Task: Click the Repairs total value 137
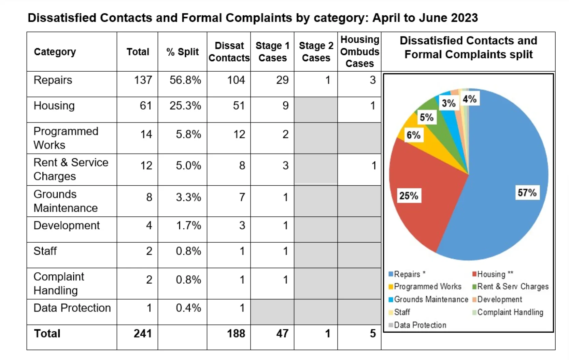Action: click(x=143, y=80)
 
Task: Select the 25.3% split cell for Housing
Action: click(x=185, y=105)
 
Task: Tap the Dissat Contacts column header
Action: click(x=229, y=52)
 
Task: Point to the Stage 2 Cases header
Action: click(x=316, y=52)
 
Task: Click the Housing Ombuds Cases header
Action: click(x=359, y=52)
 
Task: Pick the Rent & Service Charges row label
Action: click(x=71, y=169)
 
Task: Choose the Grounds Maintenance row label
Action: click(x=66, y=201)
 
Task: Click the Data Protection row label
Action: click(x=72, y=308)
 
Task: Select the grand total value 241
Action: click(x=142, y=333)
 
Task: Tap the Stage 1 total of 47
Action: click(x=282, y=333)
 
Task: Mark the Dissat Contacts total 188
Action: click(x=236, y=333)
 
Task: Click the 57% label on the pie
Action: click(x=527, y=193)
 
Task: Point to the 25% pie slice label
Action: click(x=409, y=196)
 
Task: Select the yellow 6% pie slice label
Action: click(x=413, y=135)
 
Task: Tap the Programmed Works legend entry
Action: click(x=427, y=287)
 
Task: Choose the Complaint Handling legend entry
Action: click(x=510, y=312)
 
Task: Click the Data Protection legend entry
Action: click(x=420, y=325)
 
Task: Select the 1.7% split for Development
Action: click(x=188, y=226)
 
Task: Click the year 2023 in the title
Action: click(x=464, y=18)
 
